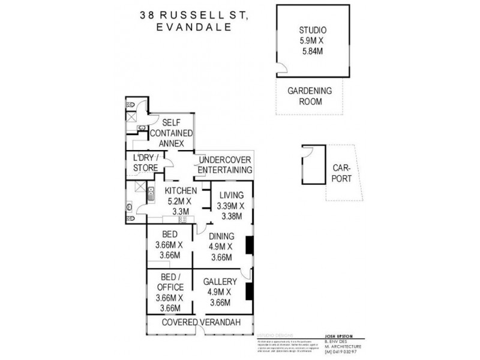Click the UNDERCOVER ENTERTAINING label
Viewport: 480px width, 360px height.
tap(224, 165)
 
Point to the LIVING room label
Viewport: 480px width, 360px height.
tap(230, 195)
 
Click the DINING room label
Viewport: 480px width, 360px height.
tap(221, 236)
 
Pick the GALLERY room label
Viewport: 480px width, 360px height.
tap(220, 281)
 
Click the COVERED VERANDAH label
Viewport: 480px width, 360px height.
tap(202, 323)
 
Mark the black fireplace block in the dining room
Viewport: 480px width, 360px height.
tap(250, 245)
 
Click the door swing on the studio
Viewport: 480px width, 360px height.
tap(281, 69)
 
